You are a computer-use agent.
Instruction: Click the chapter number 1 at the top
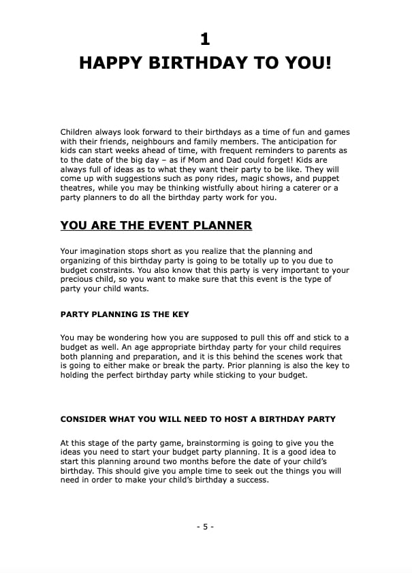206,38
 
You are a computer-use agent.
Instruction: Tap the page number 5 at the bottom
206,527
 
